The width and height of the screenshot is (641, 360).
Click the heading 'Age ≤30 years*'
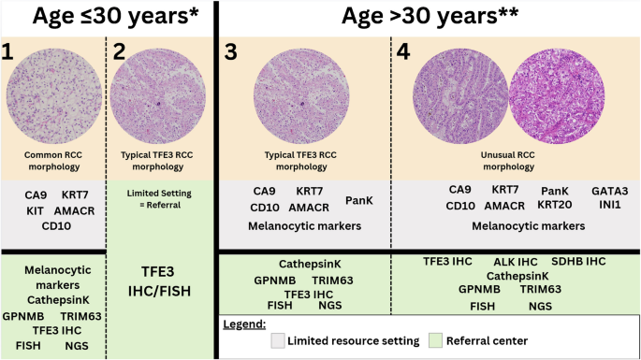pos(108,19)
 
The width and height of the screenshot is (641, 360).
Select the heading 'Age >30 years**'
pos(428,19)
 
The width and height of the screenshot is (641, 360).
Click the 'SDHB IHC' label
pos(586,262)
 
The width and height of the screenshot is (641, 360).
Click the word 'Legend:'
pos(247,324)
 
